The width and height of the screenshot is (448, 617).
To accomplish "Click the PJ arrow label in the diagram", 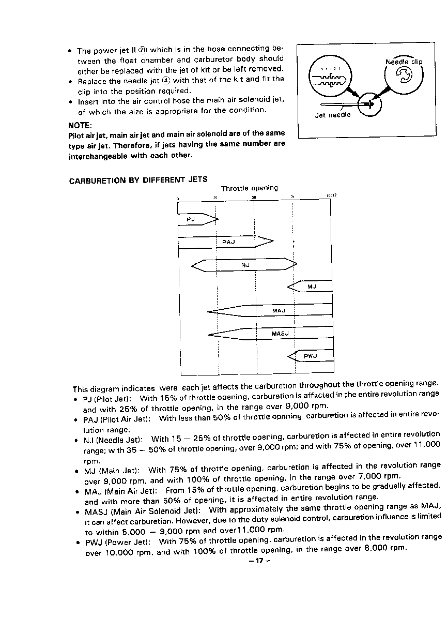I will pyautogui.click(x=190, y=220).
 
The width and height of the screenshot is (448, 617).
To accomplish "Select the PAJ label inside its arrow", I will pyautogui.click(x=228, y=242).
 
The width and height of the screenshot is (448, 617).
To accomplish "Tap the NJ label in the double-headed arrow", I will pyautogui.click(x=245, y=265).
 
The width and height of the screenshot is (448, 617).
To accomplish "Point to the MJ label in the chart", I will pyautogui.click(x=312, y=287).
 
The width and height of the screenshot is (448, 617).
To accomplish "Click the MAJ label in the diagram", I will pyautogui.click(x=279, y=311).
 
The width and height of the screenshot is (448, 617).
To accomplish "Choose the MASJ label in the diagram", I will pyautogui.click(x=280, y=334).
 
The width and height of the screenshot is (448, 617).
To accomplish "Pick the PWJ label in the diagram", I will pyautogui.click(x=310, y=356).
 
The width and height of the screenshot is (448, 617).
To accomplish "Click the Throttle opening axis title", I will pyautogui.click(x=249, y=188).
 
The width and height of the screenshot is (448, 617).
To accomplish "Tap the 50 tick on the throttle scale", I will pyautogui.click(x=254, y=197).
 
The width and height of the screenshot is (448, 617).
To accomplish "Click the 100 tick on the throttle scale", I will pyautogui.click(x=330, y=195).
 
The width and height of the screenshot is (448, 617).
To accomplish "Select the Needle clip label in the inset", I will pyautogui.click(x=404, y=62).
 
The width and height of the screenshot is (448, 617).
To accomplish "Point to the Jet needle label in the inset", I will pyautogui.click(x=333, y=115).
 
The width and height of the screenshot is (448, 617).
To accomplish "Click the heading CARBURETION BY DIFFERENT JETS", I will pyautogui.click(x=138, y=180).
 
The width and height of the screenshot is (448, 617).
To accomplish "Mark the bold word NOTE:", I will pyautogui.click(x=80, y=125).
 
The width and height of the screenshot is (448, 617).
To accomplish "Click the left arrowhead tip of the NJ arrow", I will pyautogui.click(x=192, y=266).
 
